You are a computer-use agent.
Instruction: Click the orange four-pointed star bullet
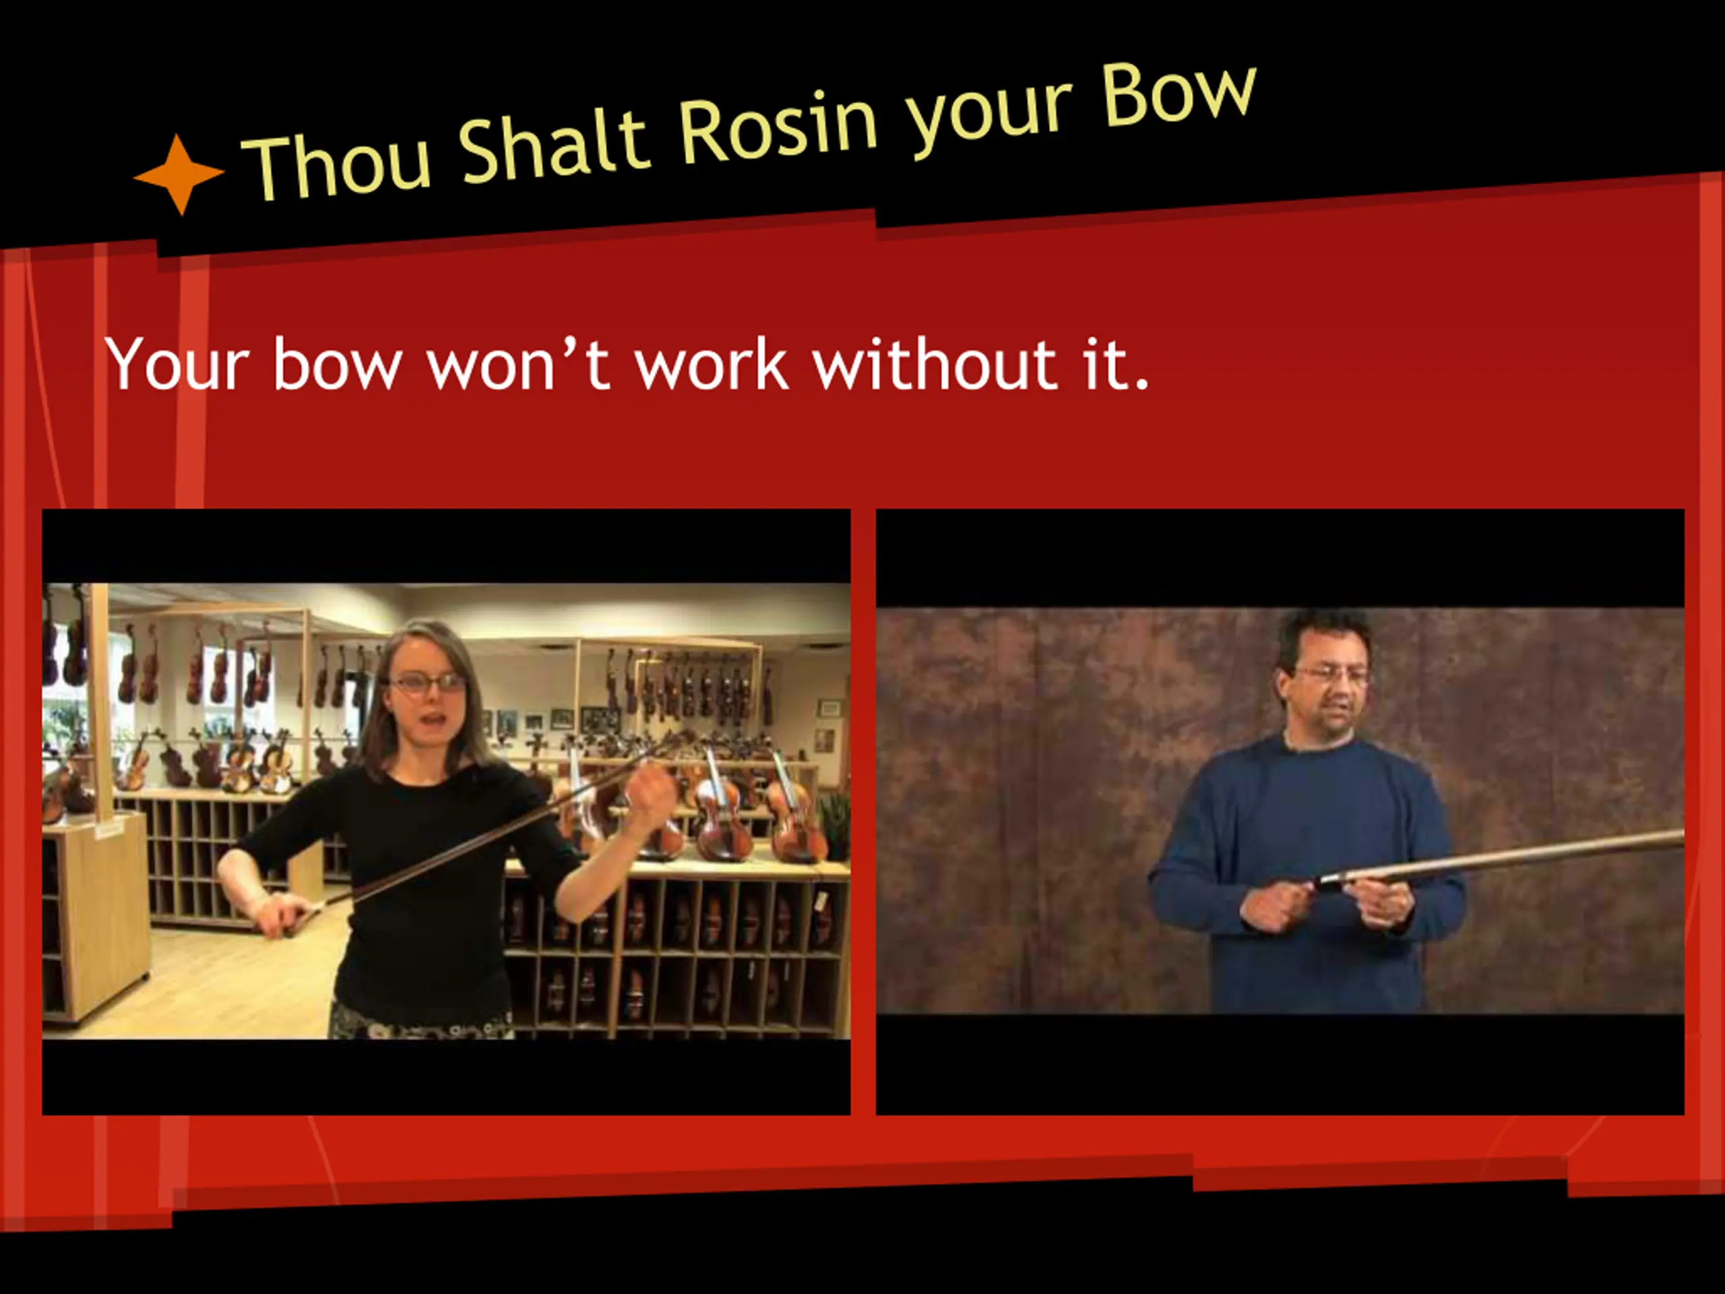coord(179,175)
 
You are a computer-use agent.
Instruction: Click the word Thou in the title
coord(337,162)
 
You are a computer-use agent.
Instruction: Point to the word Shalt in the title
coord(554,145)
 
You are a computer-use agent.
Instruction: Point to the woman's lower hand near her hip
coord(281,913)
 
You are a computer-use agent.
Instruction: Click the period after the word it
coord(1141,383)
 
